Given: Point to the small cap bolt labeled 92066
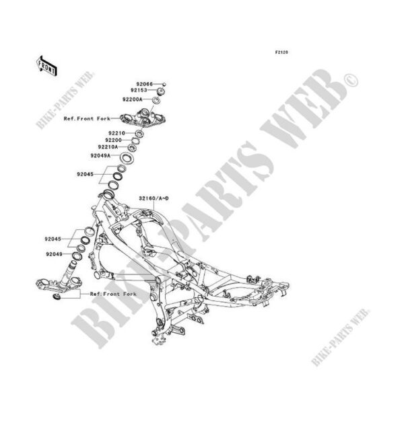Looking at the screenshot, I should [x=163, y=84].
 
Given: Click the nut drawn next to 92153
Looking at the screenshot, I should [x=161, y=91].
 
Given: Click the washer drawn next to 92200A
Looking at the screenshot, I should [x=156, y=100].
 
